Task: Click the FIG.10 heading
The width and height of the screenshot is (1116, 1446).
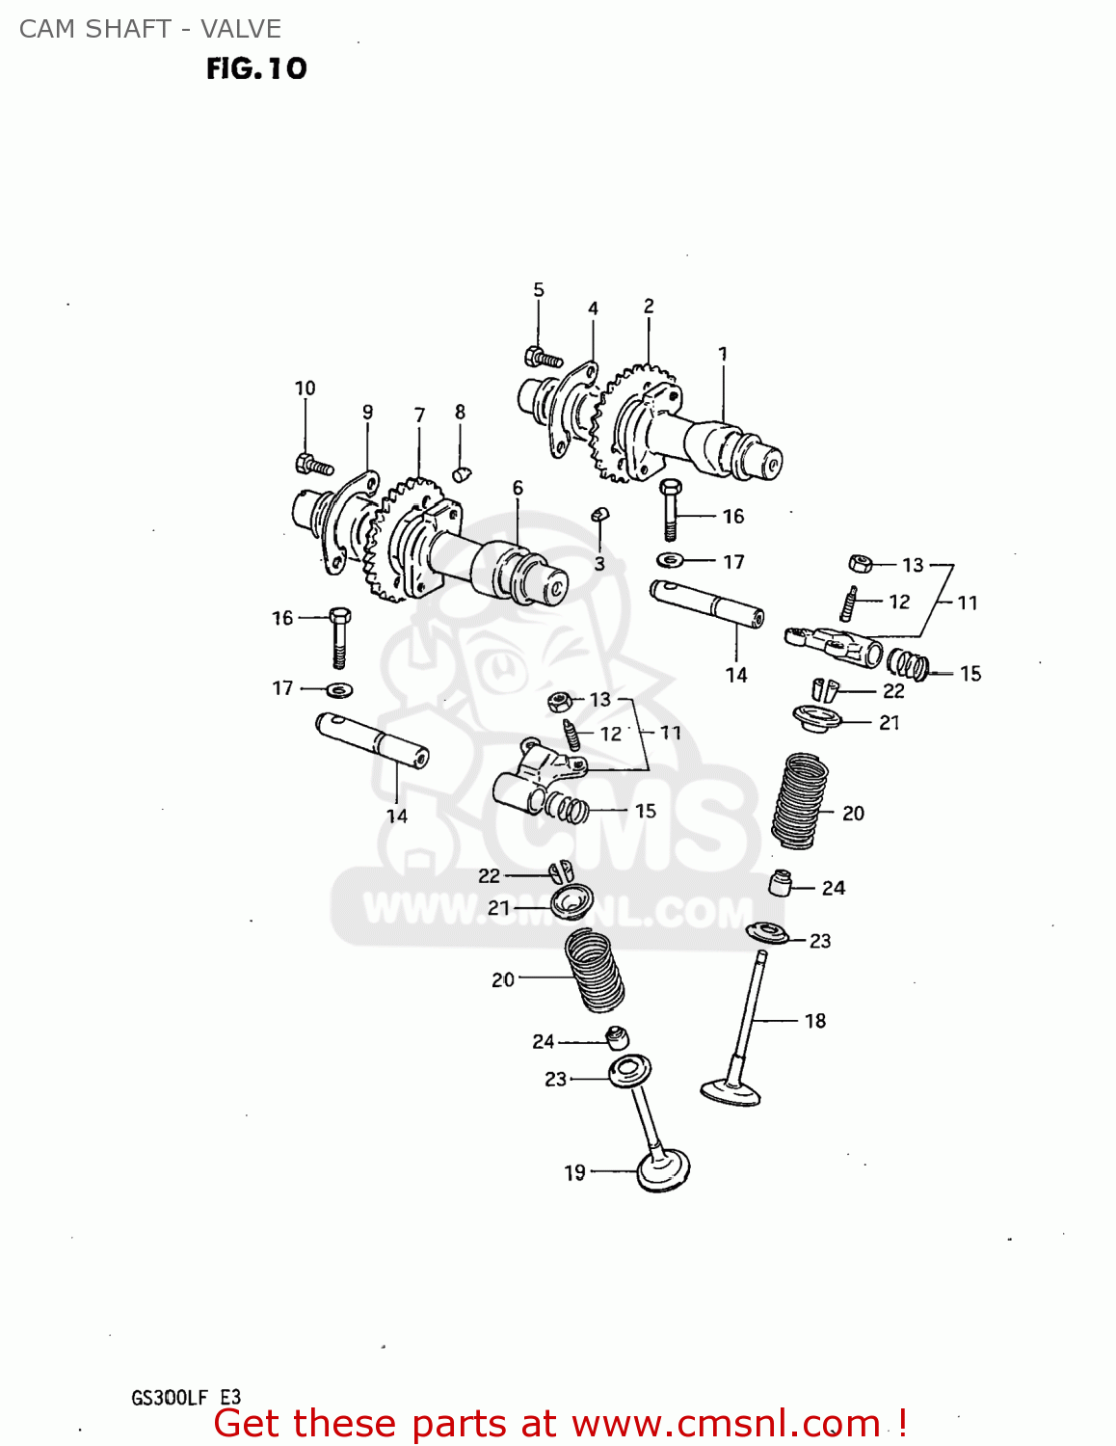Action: pyautogui.click(x=256, y=68)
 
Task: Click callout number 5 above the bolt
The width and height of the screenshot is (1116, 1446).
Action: pyautogui.click(x=539, y=289)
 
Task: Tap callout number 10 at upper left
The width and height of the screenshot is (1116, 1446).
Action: pyautogui.click(x=305, y=388)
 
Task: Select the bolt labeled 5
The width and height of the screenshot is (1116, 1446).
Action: pyautogui.click(x=543, y=358)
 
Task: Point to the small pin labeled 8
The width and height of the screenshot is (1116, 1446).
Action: pyautogui.click(x=461, y=473)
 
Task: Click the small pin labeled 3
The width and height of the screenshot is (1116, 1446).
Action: pyautogui.click(x=599, y=515)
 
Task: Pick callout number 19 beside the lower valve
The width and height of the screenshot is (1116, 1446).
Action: pyautogui.click(x=574, y=1172)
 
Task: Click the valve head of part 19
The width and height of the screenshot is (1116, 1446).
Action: pyautogui.click(x=664, y=1170)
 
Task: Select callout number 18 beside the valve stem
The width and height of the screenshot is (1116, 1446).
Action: pyautogui.click(x=815, y=1021)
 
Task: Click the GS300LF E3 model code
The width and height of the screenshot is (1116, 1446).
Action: pyautogui.click(x=186, y=1398)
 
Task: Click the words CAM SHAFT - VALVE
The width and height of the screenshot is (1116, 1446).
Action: pyautogui.click(x=150, y=29)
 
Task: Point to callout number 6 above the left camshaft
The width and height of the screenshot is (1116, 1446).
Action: pyautogui.click(x=518, y=488)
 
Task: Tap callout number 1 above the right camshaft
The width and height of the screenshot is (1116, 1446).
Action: pyautogui.click(x=723, y=354)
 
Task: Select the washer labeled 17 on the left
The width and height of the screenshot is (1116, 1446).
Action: pyautogui.click(x=339, y=689)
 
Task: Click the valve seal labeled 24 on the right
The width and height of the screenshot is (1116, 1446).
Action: pyautogui.click(x=780, y=882)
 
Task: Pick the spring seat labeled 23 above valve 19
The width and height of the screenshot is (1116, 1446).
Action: pyautogui.click(x=629, y=1069)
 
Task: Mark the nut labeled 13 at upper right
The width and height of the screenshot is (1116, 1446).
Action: pyautogui.click(x=860, y=563)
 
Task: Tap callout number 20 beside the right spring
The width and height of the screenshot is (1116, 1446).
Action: pyautogui.click(x=853, y=813)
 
